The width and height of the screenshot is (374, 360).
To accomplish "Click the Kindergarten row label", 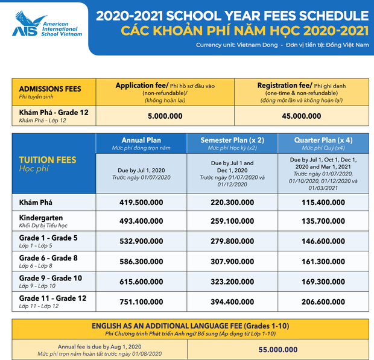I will coord(41,218).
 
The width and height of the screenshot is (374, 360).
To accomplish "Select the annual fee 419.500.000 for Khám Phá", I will coord(142,203).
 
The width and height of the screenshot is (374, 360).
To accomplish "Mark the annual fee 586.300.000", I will coord(142,262).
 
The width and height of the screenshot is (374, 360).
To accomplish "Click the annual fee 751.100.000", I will coord(142,301).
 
